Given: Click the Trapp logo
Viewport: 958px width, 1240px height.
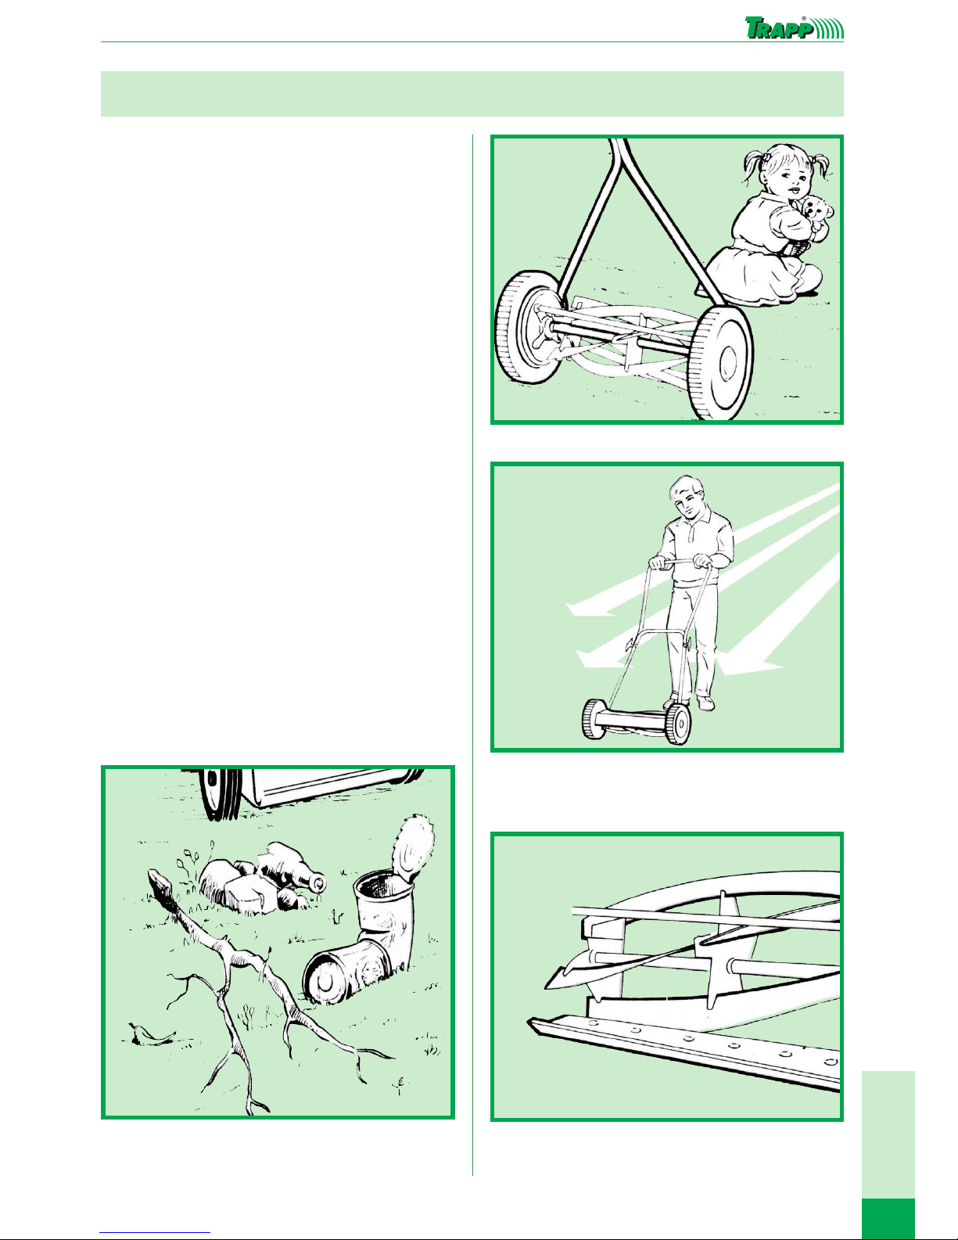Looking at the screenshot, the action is click(x=794, y=27).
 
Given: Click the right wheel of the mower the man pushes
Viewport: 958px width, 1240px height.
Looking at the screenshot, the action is click(x=678, y=724).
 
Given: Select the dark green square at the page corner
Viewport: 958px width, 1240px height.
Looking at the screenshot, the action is click(x=888, y=1219).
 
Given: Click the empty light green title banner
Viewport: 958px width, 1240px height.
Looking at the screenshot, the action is click(x=472, y=94).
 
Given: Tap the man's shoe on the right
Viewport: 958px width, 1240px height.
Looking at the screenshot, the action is click(x=706, y=703).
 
